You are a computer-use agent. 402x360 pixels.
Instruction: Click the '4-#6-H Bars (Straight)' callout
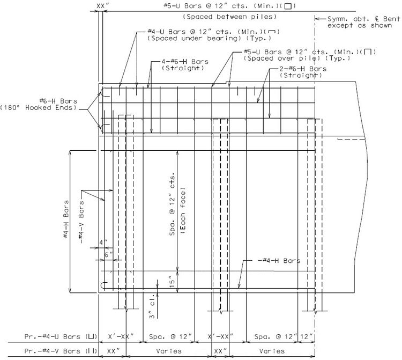(x=184, y=65)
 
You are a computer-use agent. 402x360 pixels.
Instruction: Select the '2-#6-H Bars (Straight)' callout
(x=303, y=72)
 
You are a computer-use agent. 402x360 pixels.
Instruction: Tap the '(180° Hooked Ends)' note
(x=38, y=107)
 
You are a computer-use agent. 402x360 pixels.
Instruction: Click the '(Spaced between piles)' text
(x=230, y=17)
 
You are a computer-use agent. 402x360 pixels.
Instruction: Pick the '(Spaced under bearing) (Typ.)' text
(x=209, y=39)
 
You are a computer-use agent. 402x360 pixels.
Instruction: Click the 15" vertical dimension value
(x=172, y=281)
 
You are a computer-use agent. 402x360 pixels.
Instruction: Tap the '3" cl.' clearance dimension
(x=152, y=306)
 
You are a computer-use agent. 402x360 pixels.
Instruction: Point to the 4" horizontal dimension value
(x=103, y=243)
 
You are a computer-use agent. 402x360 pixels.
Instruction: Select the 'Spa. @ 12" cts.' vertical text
(x=172, y=204)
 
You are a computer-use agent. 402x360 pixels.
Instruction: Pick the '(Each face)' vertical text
(x=183, y=211)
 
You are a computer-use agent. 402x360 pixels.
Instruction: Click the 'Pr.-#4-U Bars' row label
(x=61, y=336)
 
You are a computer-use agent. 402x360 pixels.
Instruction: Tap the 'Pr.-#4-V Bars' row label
(x=61, y=351)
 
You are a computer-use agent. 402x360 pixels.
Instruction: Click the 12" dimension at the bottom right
(x=307, y=336)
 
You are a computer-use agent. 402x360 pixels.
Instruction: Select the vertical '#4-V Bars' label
(x=81, y=222)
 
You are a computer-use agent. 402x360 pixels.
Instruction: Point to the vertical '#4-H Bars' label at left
(x=66, y=219)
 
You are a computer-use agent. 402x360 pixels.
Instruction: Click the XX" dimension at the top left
(x=101, y=6)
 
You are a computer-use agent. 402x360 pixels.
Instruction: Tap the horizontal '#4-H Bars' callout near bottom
(x=279, y=261)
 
